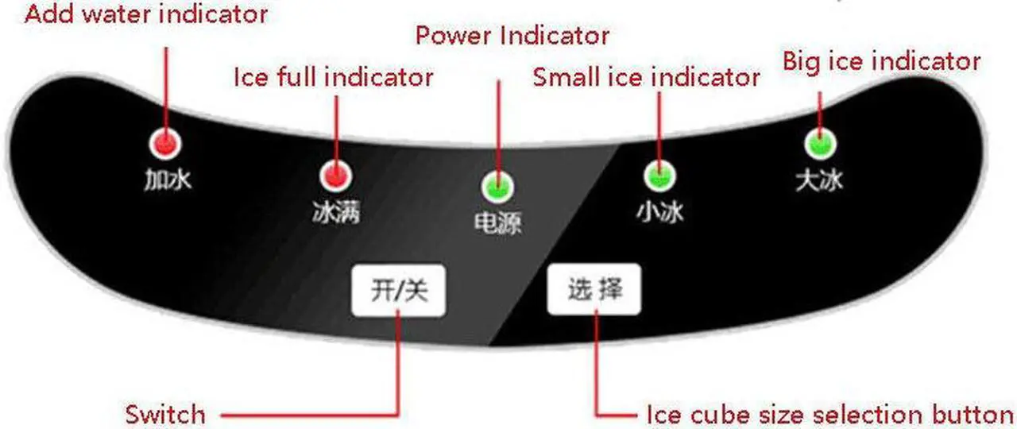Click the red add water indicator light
coord(165,145)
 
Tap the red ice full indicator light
coord(336,175)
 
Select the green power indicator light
coord(497,187)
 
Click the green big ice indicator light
coord(819,145)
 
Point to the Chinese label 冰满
coord(336,212)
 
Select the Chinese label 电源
coord(497,223)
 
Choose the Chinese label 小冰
coord(659,212)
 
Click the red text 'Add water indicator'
coord(146,14)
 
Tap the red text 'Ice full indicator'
coord(334,77)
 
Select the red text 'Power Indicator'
coord(513,36)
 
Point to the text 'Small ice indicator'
coord(647,77)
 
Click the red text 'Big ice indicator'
coord(881,61)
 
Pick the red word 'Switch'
coord(165,414)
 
